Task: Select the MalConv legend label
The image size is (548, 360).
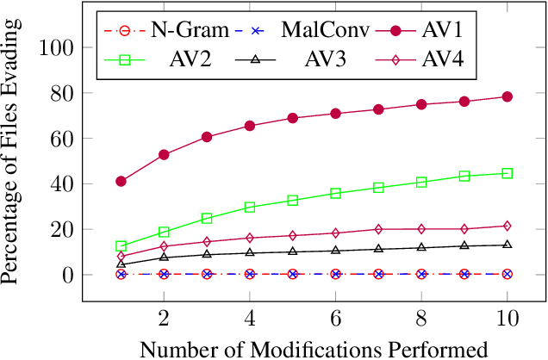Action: [325, 31]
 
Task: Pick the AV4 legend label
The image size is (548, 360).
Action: [443, 60]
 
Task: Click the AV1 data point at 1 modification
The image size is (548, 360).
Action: [121, 182]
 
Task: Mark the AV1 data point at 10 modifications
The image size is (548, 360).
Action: [508, 96]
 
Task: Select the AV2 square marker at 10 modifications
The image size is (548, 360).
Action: [508, 173]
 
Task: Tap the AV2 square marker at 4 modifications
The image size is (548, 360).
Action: [250, 207]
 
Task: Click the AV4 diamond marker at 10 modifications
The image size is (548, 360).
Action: [508, 226]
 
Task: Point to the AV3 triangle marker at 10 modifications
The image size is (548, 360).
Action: [508, 245]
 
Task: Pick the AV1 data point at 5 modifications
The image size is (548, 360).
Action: [293, 118]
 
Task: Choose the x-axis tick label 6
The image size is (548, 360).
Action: [336, 317]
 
